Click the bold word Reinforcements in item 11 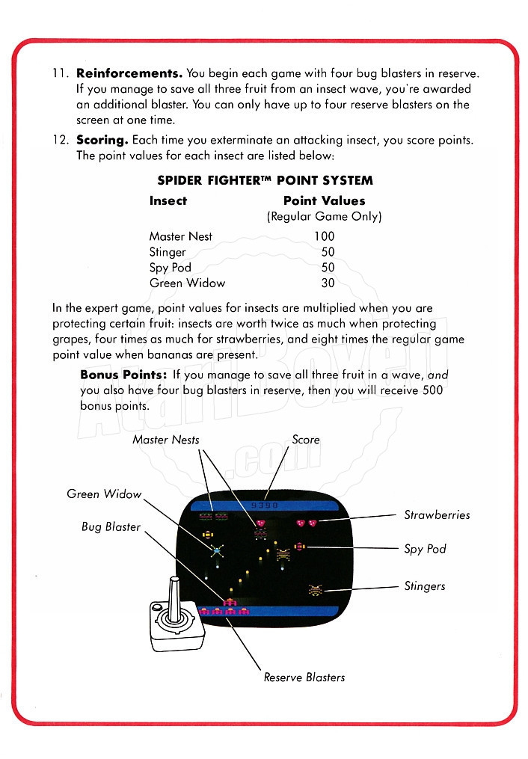pyautogui.click(x=129, y=73)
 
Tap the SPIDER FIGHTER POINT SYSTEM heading pyautogui.click(x=265, y=180)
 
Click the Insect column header pyautogui.click(x=168, y=200)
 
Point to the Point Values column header pyautogui.click(x=324, y=200)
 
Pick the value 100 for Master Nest pyautogui.click(x=324, y=236)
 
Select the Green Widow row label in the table pyautogui.click(x=187, y=283)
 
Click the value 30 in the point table pyautogui.click(x=328, y=283)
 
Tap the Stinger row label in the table pyautogui.click(x=168, y=252)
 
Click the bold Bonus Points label pyautogui.click(x=123, y=375)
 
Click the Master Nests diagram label pyautogui.click(x=166, y=440)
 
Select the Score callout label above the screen pyautogui.click(x=305, y=440)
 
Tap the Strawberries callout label pyautogui.click(x=437, y=514)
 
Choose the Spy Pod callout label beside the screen pyautogui.click(x=425, y=549)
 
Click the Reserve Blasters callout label pyautogui.click(x=304, y=677)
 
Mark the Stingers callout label pyautogui.click(x=424, y=586)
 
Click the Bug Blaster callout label pyautogui.click(x=111, y=527)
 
